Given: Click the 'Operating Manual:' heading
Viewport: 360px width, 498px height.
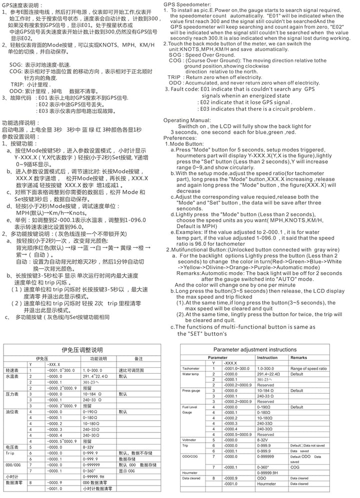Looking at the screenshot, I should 187,120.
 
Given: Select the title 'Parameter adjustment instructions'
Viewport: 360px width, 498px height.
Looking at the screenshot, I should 254,349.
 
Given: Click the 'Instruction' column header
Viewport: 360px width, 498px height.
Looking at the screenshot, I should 267,358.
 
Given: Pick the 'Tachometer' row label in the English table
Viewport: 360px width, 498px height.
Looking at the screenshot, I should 190,368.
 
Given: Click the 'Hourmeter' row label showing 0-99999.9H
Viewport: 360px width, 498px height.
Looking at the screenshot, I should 190,473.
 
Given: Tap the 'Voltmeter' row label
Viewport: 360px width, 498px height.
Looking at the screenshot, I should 189,440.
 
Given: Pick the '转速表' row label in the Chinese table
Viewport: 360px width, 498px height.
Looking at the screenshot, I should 12,370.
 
